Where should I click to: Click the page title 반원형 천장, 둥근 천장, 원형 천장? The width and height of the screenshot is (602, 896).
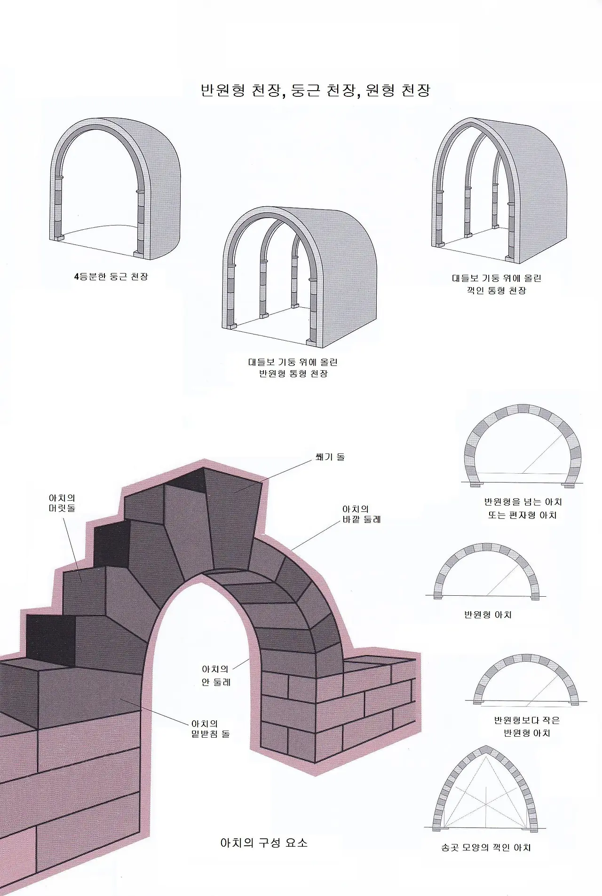[315, 90]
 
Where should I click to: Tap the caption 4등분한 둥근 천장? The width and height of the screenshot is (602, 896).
[111, 277]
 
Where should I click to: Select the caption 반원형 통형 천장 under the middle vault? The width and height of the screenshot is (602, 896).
[293, 374]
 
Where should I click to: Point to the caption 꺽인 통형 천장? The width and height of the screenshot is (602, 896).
[496, 290]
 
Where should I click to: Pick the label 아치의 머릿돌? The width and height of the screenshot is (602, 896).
[62, 503]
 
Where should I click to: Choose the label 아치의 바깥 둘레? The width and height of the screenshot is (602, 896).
[361, 514]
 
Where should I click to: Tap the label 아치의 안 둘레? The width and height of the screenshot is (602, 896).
[216, 676]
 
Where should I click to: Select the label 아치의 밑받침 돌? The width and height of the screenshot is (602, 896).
[210, 729]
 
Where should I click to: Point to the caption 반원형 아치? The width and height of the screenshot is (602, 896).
[488, 615]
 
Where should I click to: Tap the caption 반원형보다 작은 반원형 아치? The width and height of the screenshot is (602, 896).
[526, 726]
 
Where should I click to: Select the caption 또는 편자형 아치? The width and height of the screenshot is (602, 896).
[522, 515]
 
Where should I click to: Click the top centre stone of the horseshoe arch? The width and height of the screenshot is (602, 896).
[523, 409]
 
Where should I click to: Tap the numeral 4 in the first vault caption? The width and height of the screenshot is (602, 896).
[76, 277]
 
